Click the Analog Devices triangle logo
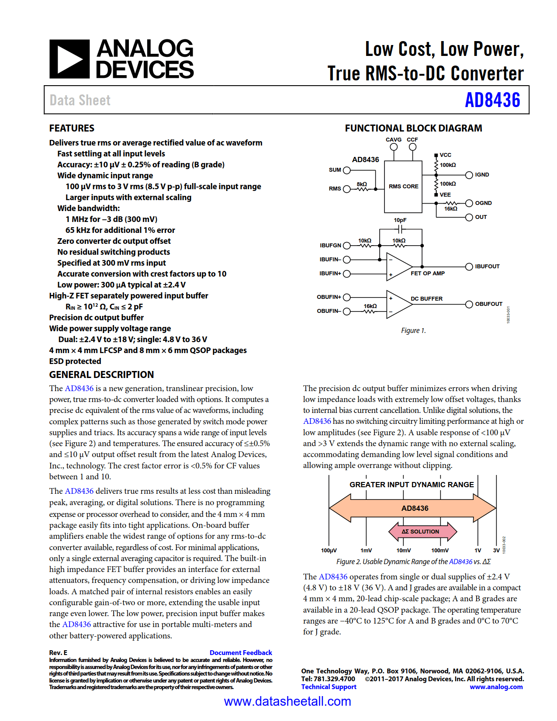pos(69,59)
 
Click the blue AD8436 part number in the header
pos(492,100)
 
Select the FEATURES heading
pos(72,128)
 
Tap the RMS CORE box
pos(403,187)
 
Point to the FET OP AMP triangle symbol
pos(398,267)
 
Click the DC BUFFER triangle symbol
pos(398,304)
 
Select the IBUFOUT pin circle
pos(469,267)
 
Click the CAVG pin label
pos(393,140)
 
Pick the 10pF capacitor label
pos(400,220)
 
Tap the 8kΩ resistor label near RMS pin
pos(362,184)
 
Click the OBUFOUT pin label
pos(488,304)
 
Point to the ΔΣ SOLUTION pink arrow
pos(422,531)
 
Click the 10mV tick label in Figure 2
pos(403,551)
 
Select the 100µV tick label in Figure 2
pos(329,551)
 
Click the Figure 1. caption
pos(413,330)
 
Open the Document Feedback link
pos(241,652)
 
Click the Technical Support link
pos(329,687)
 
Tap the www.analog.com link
pos(496,687)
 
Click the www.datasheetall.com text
pos(287,701)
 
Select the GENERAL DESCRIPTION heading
pos(101,374)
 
